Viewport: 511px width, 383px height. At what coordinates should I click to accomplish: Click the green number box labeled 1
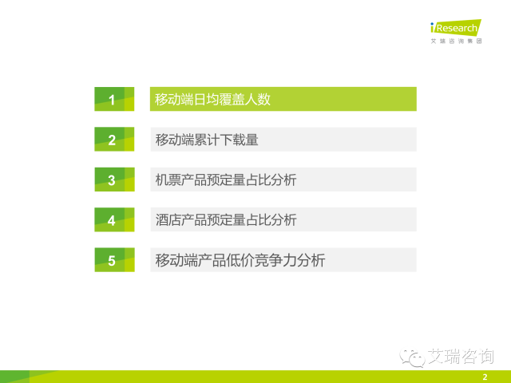tap(114, 99)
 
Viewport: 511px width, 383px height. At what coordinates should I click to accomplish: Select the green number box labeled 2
tap(114, 139)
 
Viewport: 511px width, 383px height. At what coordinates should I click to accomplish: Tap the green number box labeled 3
tap(114, 180)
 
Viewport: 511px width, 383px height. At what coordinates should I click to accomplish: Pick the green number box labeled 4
tap(114, 219)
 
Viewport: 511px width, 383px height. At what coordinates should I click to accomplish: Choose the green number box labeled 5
tap(114, 260)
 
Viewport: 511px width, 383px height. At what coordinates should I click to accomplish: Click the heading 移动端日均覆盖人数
tap(212, 99)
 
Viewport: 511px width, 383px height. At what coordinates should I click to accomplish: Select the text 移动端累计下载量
tap(207, 140)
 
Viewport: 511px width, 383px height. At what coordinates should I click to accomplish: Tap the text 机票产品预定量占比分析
tap(226, 180)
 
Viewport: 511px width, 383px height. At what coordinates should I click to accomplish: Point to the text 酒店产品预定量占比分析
tap(226, 220)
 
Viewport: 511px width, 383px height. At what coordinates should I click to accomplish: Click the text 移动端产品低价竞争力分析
tap(240, 260)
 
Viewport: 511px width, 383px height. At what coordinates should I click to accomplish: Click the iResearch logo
tap(456, 27)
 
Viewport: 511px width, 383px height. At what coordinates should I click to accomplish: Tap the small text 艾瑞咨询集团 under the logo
tap(456, 41)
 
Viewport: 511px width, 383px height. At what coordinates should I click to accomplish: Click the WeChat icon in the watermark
tap(412, 357)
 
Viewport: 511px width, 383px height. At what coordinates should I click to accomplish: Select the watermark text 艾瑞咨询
tap(461, 357)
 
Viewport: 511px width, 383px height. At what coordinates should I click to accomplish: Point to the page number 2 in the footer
tap(485, 377)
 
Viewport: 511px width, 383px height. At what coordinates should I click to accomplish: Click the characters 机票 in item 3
tap(168, 180)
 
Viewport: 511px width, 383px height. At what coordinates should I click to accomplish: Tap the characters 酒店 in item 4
tap(168, 220)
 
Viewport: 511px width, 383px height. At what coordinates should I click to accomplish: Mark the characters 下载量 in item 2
tap(239, 140)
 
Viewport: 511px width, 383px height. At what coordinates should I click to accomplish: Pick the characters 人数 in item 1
tap(257, 99)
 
